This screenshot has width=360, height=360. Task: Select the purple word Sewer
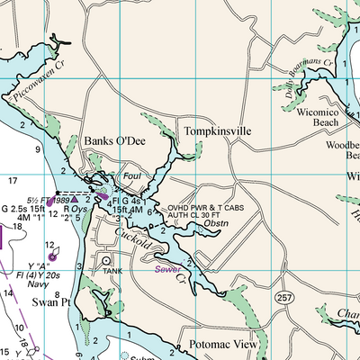click(166, 268)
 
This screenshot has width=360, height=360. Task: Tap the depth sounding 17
click(13, 182)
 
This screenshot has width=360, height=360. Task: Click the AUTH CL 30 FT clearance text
click(202, 216)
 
